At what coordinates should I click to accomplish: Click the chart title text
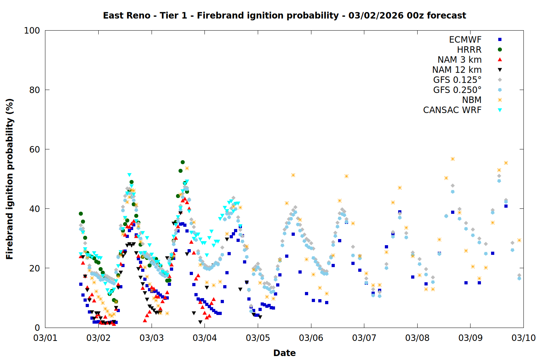[x=284, y=15]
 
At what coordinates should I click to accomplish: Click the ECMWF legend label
[x=465, y=40]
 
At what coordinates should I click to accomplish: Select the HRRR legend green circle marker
[x=500, y=50]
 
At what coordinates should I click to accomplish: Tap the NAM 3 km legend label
[x=459, y=60]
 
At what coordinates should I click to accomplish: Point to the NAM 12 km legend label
[x=457, y=70]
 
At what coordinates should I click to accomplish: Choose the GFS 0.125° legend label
[x=457, y=80]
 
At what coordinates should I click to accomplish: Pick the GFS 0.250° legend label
[x=457, y=90]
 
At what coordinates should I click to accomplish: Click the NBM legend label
[x=472, y=100]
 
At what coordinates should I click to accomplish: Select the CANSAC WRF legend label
[x=452, y=110]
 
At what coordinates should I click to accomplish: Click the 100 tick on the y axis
[x=32, y=31]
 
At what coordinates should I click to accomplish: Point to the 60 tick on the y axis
[x=35, y=149]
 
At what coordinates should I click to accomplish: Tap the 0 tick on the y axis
[x=37, y=328]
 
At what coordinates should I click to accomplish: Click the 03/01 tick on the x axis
[x=45, y=338]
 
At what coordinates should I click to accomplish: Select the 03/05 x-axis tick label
[x=258, y=338]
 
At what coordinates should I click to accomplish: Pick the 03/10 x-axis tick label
[x=523, y=338]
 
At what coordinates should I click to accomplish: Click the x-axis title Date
[x=284, y=353]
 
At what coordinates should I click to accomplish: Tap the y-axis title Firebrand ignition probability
[x=9, y=179]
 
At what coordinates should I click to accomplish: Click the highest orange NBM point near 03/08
[x=453, y=159]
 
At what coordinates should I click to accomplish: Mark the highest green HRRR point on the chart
[x=183, y=162]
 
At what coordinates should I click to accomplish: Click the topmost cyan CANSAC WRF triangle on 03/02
[x=129, y=175]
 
